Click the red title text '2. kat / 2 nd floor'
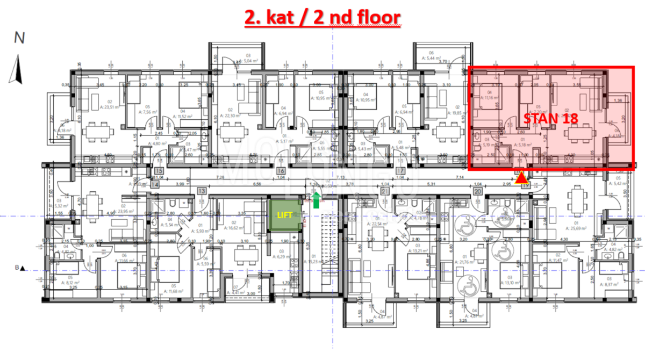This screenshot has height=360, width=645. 322,17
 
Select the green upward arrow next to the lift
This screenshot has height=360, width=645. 316,200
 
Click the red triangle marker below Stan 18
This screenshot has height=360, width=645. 521,178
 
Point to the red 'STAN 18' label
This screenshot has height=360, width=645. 551,119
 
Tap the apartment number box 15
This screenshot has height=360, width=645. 159,171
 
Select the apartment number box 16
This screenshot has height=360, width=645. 281,171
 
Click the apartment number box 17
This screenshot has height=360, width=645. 400,171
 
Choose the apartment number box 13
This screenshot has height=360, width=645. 202,191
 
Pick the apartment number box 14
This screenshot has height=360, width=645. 155,184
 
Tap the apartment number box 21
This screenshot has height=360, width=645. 385,191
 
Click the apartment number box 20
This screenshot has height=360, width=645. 476,191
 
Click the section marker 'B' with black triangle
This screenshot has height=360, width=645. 21,268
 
